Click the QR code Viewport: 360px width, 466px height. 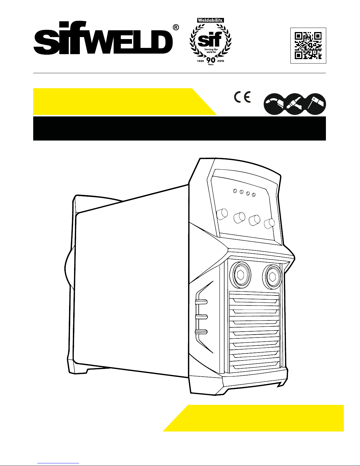pyautogui.click(x=308, y=46)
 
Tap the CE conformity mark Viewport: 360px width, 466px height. pyautogui.click(x=242, y=97)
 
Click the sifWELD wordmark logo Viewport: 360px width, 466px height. pyautogui.click(x=103, y=38)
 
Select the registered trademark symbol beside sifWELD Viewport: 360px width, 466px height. pyautogui.click(x=176, y=28)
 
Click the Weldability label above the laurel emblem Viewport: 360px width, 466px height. pyautogui.click(x=210, y=20)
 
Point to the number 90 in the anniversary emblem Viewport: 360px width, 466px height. pyautogui.click(x=211, y=60)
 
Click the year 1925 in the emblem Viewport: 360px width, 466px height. pyautogui.click(x=200, y=61)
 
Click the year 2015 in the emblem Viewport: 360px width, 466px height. pyautogui.click(x=221, y=61)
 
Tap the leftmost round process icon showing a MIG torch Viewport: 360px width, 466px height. pyautogui.click(x=274, y=104)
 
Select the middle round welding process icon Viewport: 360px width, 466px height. pyautogui.click(x=295, y=104)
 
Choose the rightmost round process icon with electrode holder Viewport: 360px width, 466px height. pyautogui.click(x=315, y=104)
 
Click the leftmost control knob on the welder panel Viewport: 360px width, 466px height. pyautogui.click(x=222, y=214)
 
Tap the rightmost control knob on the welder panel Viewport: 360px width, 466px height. pyautogui.click(x=269, y=224)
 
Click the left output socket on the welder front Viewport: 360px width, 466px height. pyautogui.click(x=240, y=275)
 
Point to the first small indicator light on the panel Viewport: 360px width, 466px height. pyautogui.click(x=235, y=191)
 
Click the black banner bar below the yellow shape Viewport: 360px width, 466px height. pyautogui.click(x=180, y=128)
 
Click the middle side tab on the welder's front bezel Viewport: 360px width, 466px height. pyautogui.click(x=201, y=317)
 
